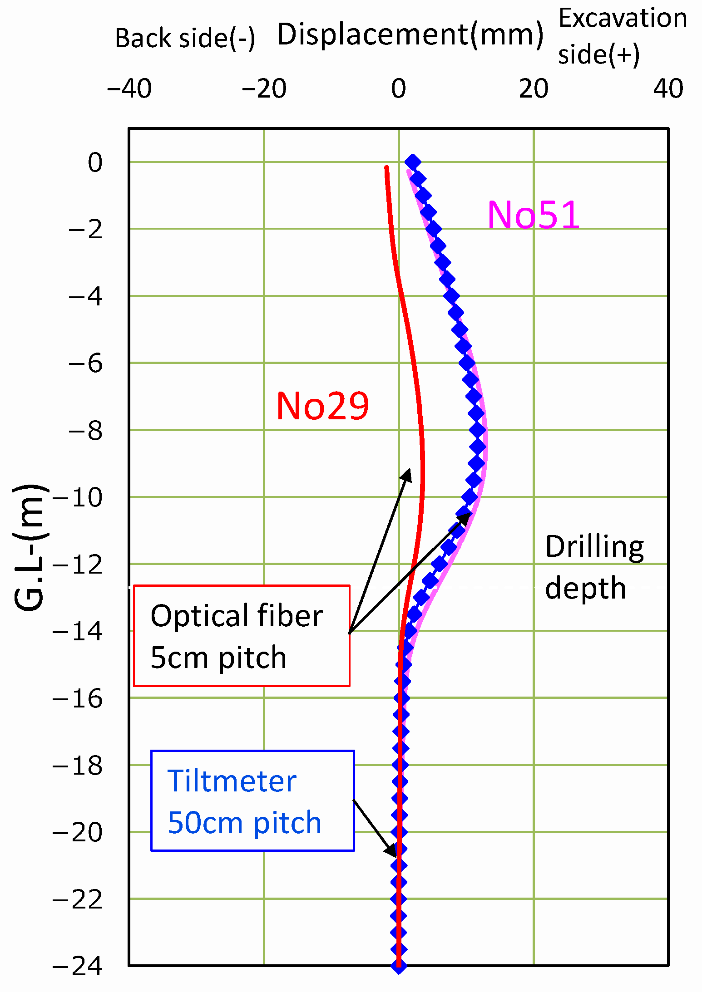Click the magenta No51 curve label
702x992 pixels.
(x=533, y=215)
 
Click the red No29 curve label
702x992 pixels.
(x=322, y=406)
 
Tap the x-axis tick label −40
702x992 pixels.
(x=129, y=89)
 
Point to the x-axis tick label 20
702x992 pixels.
(x=534, y=89)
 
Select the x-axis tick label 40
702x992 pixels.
(x=668, y=89)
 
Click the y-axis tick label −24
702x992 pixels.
(x=77, y=966)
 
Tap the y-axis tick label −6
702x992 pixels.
(x=85, y=363)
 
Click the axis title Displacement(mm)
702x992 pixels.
(x=410, y=34)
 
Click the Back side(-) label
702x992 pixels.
(x=185, y=38)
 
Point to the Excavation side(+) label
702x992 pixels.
(x=622, y=36)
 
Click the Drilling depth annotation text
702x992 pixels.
(x=594, y=567)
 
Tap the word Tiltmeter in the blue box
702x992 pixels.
(x=232, y=781)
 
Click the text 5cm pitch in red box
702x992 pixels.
(x=218, y=658)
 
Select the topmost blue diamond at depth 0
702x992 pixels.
(x=412, y=162)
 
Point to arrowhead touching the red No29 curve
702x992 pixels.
(x=407, y=474)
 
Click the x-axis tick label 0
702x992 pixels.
(x=398, y=89)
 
